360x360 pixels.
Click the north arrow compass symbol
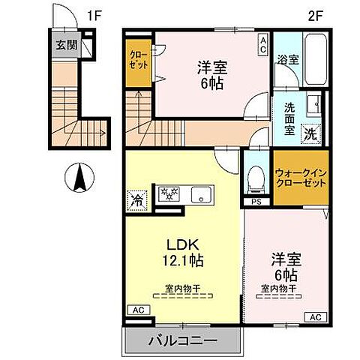[81, 181]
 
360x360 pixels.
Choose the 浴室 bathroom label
[287, 59]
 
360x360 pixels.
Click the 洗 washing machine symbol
[310, 136]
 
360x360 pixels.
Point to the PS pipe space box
[256, 202]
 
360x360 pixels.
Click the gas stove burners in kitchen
[170, 194]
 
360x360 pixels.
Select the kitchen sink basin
[202, 196]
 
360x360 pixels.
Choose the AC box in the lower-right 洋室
[314, 317]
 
